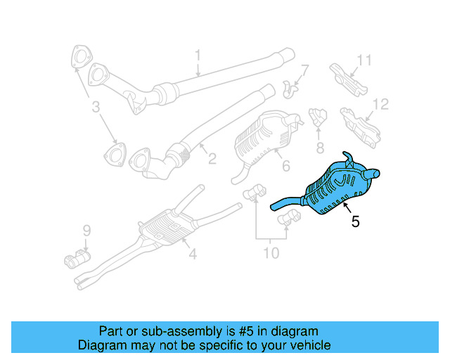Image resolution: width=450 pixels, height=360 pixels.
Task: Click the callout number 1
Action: [x=198, y=55]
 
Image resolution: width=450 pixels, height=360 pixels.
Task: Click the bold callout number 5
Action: [x=356, y=221]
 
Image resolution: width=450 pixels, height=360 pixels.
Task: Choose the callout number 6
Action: [x=285, y=166]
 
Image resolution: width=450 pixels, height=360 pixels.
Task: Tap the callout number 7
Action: [x=305, y=70]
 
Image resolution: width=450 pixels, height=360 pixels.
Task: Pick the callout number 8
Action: [x=319, y=148]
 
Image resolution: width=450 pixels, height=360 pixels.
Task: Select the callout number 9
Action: [x=86, y=230]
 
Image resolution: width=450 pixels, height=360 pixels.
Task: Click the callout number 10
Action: [x=271, y=252]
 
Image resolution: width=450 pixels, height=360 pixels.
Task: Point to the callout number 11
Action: [x=363, y=60]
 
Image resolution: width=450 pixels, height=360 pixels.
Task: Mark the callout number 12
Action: [x=380, y=105]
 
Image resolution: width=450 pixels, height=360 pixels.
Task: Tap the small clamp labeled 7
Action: [x=288, y=87]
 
